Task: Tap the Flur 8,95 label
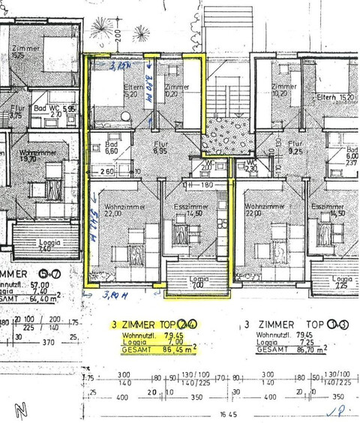click(160, 146)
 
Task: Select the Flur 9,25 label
click(295, 146)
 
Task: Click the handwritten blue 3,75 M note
click(120, 67)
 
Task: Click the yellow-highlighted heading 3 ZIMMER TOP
click(148, 324)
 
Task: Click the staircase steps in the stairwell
click(218, 94)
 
